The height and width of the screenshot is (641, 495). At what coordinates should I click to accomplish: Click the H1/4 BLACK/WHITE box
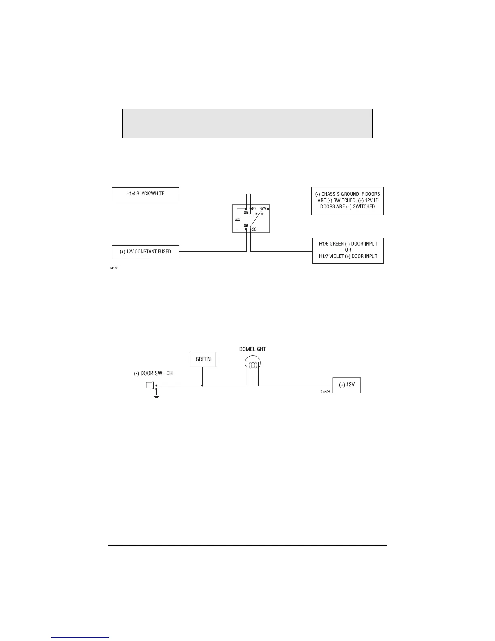click(145, 194)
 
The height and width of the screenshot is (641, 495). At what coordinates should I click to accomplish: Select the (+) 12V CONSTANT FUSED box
click(145, 252)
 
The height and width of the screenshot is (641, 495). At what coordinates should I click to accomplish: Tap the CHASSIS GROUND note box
click(347, 200)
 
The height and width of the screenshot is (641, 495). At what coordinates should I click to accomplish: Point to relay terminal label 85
click(246, 213)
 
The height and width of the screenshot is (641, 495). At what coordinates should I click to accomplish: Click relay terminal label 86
click(246, 225)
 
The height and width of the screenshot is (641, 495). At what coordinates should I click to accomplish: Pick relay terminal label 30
click(254, 229)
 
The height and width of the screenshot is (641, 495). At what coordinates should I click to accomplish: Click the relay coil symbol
click(237, 219)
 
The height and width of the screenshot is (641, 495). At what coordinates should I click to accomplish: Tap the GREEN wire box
click(203, 359)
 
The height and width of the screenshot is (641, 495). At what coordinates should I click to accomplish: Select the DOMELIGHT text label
click(253, 349)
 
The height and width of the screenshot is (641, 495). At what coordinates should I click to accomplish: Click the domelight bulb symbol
click(253, 364)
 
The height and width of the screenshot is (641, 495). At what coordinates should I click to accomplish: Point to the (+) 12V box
click(347, 385)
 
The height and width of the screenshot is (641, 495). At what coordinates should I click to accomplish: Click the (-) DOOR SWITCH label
click(153, 373)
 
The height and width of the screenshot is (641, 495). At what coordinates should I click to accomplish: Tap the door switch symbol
click(150, 385)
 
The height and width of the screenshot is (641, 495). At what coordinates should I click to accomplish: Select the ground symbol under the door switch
click(157, 395)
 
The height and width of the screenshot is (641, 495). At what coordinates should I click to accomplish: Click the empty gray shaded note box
click(247, 123)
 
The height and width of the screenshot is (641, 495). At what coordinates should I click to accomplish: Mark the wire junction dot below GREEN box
click(202, 386)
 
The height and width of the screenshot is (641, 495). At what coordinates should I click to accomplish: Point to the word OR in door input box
click(348, 250)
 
